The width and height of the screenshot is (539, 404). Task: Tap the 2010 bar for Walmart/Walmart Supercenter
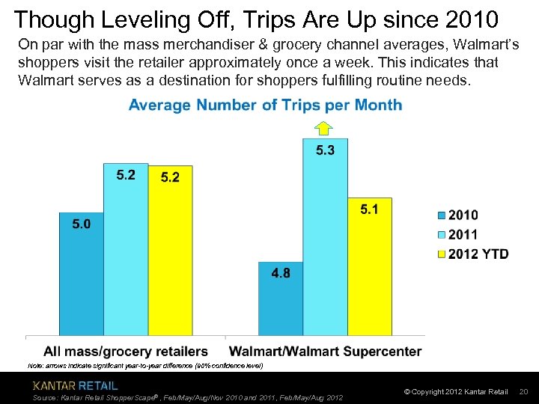281,299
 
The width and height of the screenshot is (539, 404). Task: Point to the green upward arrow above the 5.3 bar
324,127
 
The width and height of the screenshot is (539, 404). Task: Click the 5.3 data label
325,150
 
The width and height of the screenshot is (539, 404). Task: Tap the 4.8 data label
281,273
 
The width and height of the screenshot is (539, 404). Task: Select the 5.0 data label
82,224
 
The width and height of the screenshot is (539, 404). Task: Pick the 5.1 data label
369,209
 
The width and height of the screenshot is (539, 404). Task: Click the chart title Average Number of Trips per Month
265,105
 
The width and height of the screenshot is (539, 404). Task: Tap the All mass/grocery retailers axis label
126,351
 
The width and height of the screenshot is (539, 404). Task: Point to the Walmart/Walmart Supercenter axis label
325,351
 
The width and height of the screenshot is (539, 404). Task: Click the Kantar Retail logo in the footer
75,386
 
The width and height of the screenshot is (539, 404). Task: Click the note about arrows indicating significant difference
145,366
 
